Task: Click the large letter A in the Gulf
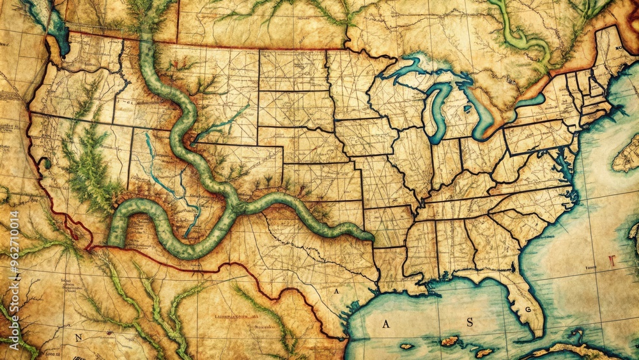[x=385, y=324]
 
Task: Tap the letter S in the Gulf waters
[x=470, y=322]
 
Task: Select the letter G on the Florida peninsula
[x=528, y=309]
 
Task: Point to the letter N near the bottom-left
[x=79, y=337]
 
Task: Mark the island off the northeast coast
[x=626, y=153]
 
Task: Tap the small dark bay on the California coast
[x=45, y=163]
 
